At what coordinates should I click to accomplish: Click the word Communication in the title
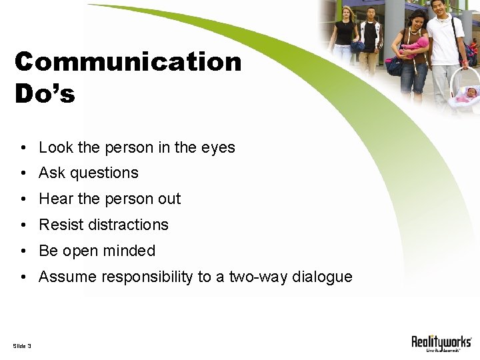tap(127, 62)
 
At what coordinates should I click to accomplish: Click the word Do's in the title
tap(45, 94)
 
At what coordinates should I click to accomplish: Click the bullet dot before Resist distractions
tap(23, 225)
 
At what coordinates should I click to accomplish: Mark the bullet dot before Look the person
tap(23, 148)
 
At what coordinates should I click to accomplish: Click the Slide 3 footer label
tap(22, 345)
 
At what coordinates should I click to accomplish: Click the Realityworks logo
tap(441, 343)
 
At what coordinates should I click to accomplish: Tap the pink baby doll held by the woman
tap(417, 45)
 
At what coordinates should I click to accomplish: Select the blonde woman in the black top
tap(345, 37)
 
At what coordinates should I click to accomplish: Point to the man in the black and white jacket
tap(371, 40)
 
